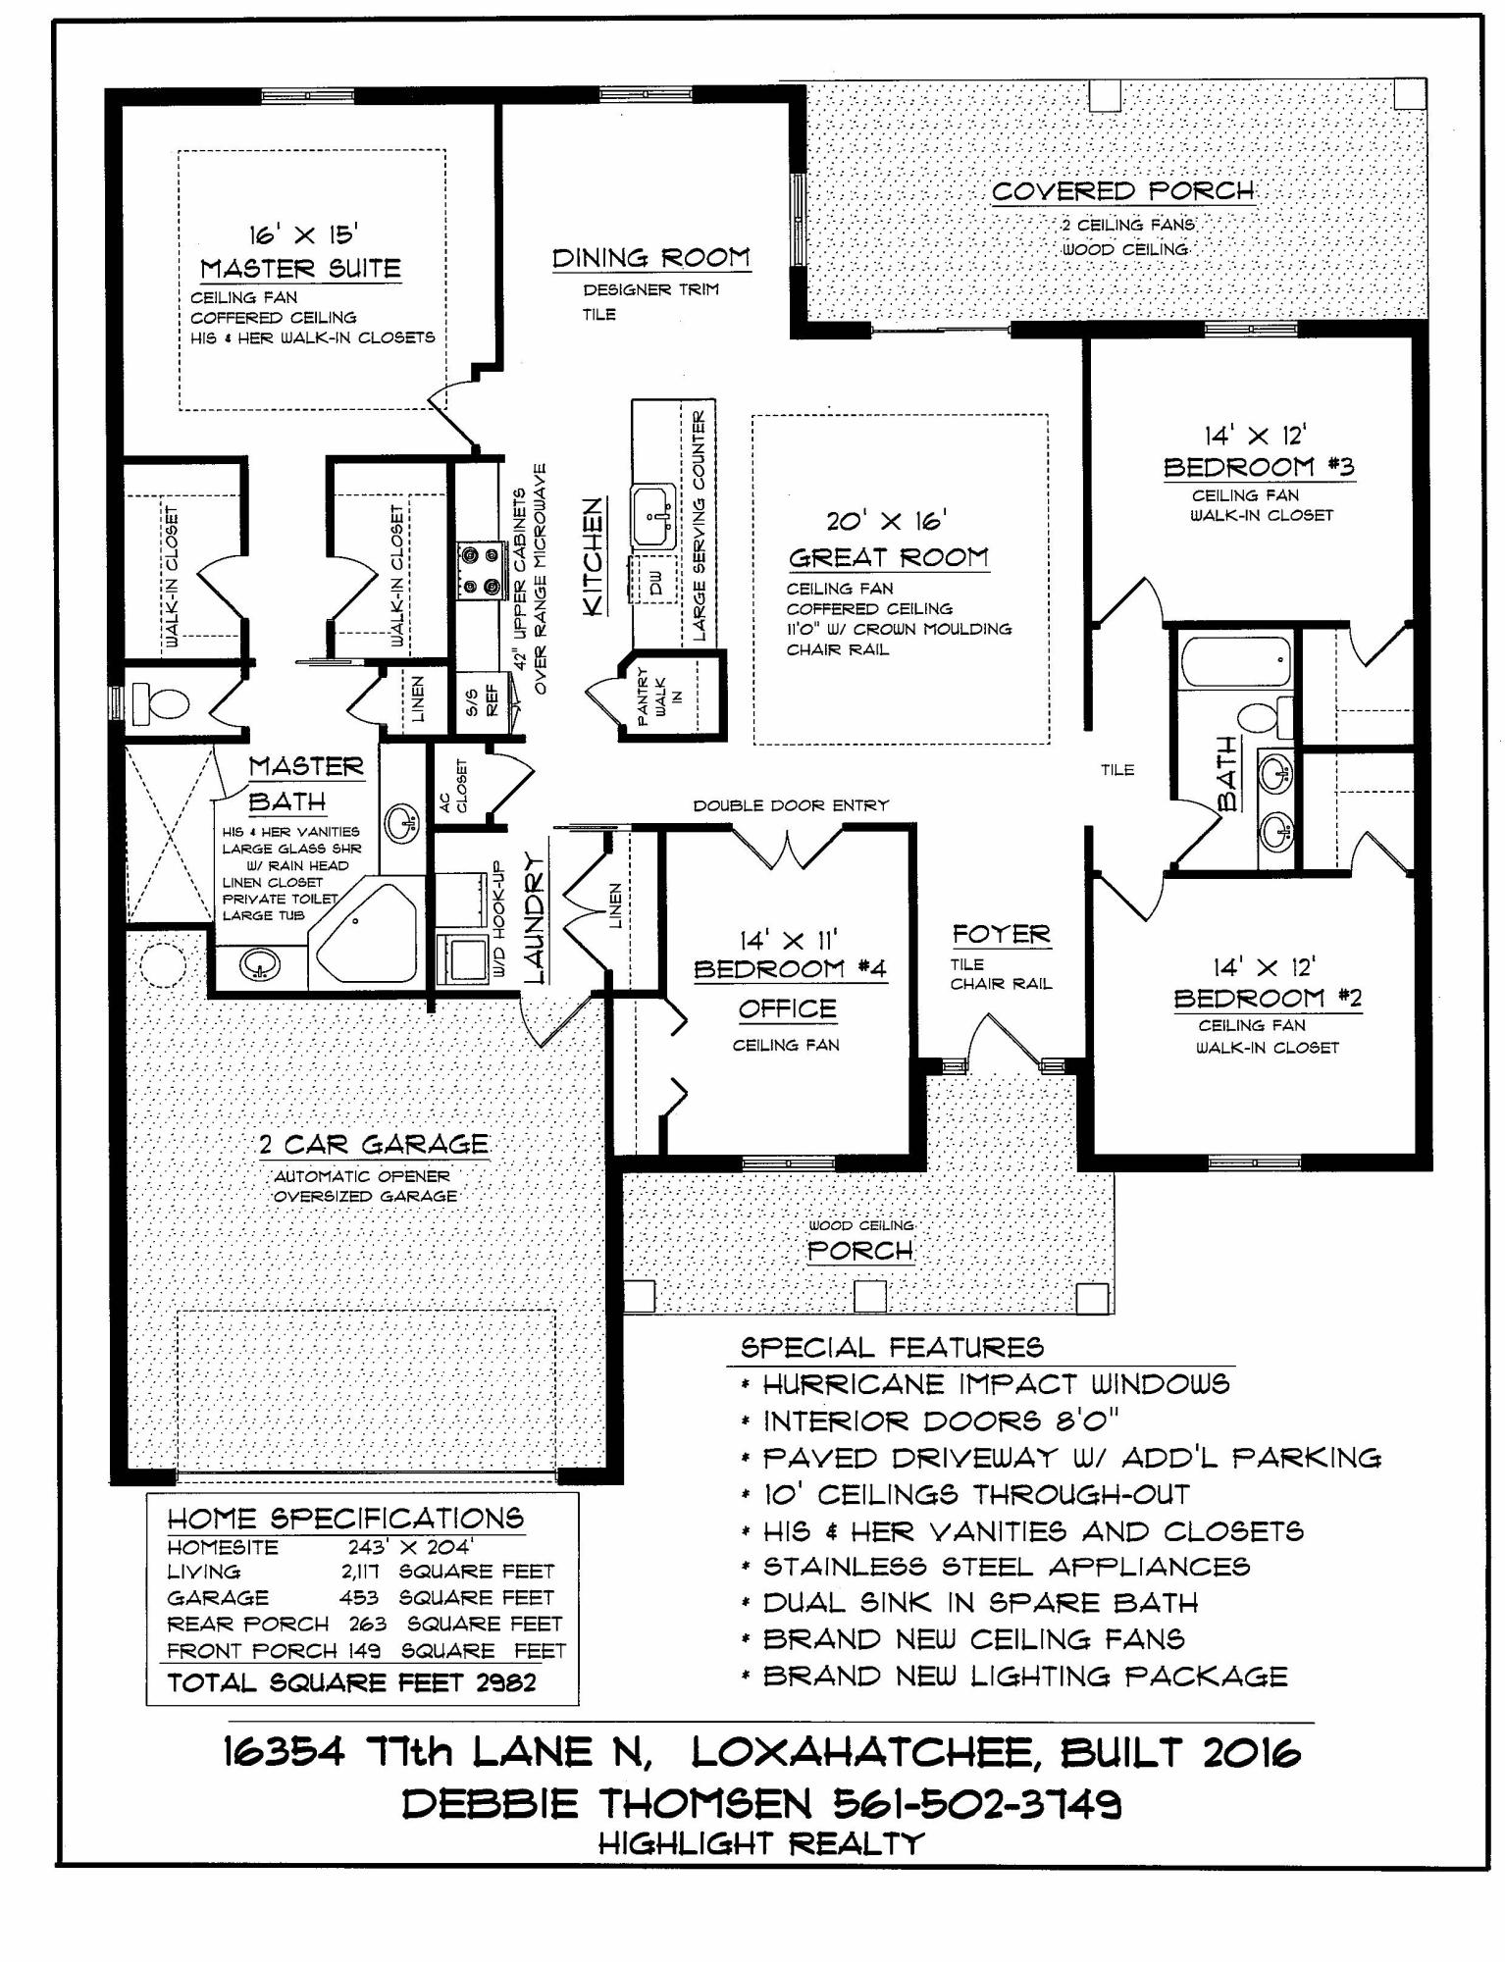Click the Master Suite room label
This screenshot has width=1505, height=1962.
click(x=300, y=269)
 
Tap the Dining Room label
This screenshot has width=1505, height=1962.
click(x=650, y=258)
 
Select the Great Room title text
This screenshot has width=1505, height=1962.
click(x=888, y=557)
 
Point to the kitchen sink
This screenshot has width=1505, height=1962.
click(x=652, y=516)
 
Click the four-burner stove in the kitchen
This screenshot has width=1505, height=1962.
click(x=478, y=571)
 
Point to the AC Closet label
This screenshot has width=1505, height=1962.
click(x=454, y=786)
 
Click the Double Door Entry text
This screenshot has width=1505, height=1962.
click(x=791, y=805)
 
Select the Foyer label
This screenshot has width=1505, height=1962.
click(x=1001, y=935)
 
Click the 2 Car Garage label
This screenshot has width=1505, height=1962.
click(x=374, y=1144)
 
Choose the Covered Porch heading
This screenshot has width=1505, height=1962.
click(x=1122, y=191)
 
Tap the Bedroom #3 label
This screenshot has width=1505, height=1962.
click(x=1259, y=467)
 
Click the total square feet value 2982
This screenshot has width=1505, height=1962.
click(x=506, y=1682)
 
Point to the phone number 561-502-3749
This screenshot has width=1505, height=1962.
click(x=977, y=1803)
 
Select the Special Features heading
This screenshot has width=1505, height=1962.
click(x=892, y=1347)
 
